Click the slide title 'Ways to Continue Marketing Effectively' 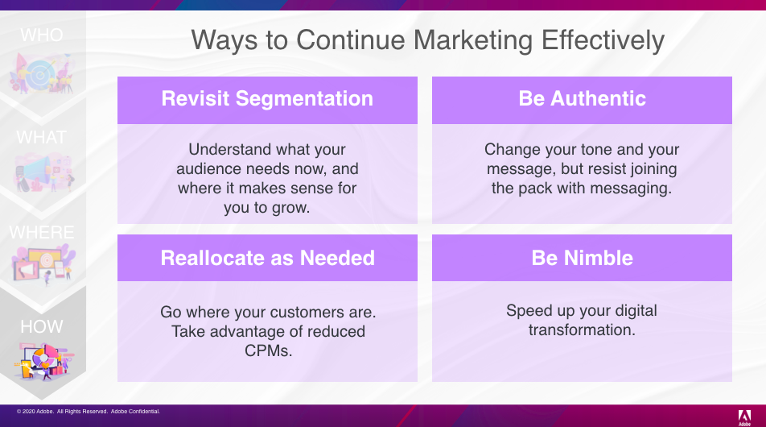[x=427, y=40]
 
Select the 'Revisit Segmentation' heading [x=267, y=99]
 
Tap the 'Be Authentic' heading [x=582, y=99]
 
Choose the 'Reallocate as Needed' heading [x=267, y=258]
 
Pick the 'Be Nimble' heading [x=582, y=258]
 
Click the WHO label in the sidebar [x=42, y=35]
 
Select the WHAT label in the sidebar [x=41, y=138]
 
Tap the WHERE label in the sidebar [x=42, y=232]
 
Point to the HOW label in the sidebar [x=42, y=327]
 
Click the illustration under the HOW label [x=43, y=361]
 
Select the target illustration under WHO [x=42, y=73]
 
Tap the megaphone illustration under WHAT [x=43, y=172]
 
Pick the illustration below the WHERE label [x=43, y=264]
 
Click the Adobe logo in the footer [x=744, y=417]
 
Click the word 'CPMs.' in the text [x=268, y=350]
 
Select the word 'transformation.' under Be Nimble [x=582, y=330]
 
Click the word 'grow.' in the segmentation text [x=290, y=208]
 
